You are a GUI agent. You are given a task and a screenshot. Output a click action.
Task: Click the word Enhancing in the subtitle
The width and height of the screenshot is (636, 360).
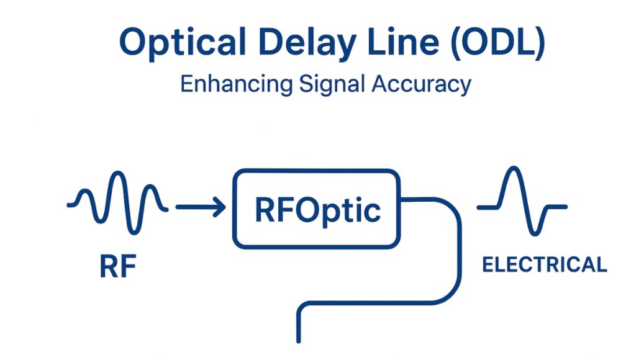coord(235,84)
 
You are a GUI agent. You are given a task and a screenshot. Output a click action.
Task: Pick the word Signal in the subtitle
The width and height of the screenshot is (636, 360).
coord(330,84)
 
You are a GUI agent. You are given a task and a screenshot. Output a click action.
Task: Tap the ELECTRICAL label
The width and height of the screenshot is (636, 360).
coord(544,265)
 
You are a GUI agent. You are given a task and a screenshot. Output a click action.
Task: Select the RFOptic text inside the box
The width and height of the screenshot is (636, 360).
coord(317,210)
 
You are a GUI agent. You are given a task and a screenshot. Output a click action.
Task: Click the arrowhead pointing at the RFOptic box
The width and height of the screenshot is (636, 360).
coord(219,208)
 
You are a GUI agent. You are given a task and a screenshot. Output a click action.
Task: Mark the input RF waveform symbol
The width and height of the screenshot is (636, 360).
coord(118,199)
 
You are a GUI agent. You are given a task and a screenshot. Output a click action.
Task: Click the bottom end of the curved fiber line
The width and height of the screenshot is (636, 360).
coord(299,338)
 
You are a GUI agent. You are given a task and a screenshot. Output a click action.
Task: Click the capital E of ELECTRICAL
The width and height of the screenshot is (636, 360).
coord(488,265)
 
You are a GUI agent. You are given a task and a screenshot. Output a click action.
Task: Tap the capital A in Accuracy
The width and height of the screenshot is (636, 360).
coord(379,83)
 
